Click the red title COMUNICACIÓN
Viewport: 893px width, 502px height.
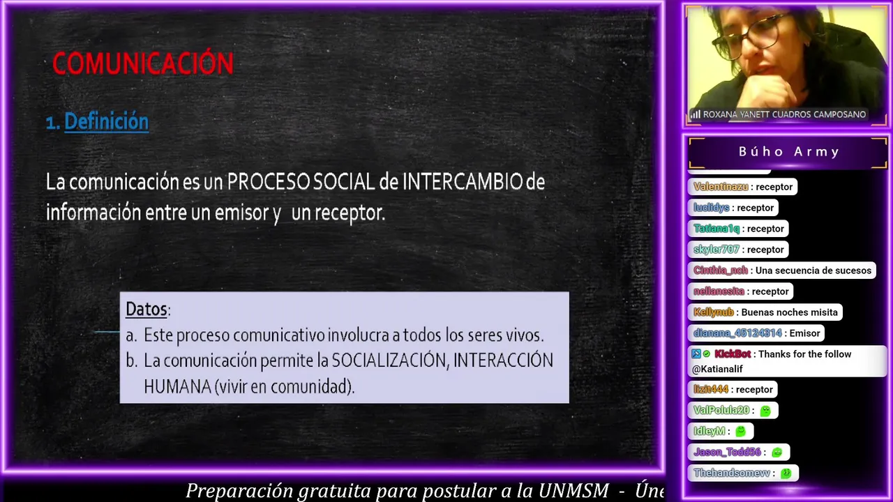(143, 63)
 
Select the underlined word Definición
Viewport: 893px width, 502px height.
(107, 121)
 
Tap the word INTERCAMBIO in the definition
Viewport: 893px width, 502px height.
(463, 182)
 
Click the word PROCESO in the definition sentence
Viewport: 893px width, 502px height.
(269, 182)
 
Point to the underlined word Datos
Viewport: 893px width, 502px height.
(147, 309)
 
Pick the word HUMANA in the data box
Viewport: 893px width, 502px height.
(177, 386)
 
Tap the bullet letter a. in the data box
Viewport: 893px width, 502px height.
(131, 335)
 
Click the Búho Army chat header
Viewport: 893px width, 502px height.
(788, 152)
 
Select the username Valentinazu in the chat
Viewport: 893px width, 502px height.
(721, 187)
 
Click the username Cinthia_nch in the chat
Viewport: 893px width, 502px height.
(721, 271)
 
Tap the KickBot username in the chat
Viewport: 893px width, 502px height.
(733, 353)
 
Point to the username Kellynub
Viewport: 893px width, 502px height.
(713, 312)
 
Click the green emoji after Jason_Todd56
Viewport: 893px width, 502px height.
(777, 452)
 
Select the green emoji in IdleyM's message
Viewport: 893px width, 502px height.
(740, 431)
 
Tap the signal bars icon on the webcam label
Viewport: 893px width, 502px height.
(696, 115)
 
